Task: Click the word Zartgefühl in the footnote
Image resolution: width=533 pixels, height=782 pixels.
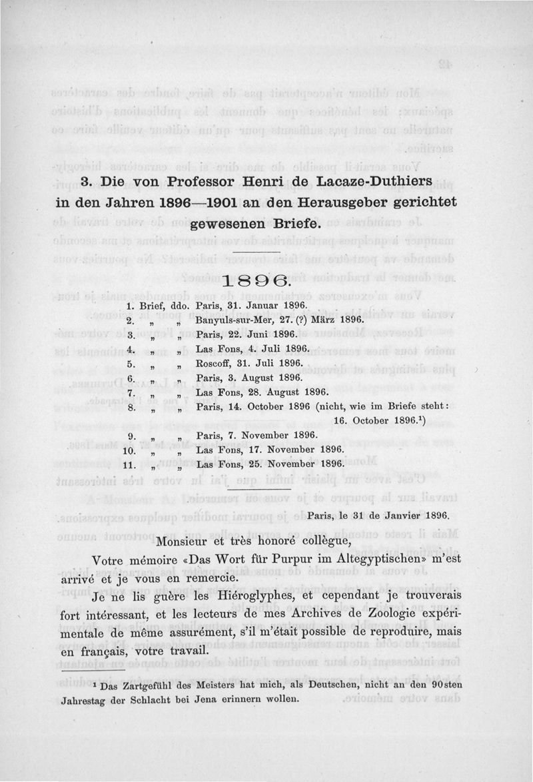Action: click(155, 685)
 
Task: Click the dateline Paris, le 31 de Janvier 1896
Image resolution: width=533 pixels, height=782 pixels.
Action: click(378, 514)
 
